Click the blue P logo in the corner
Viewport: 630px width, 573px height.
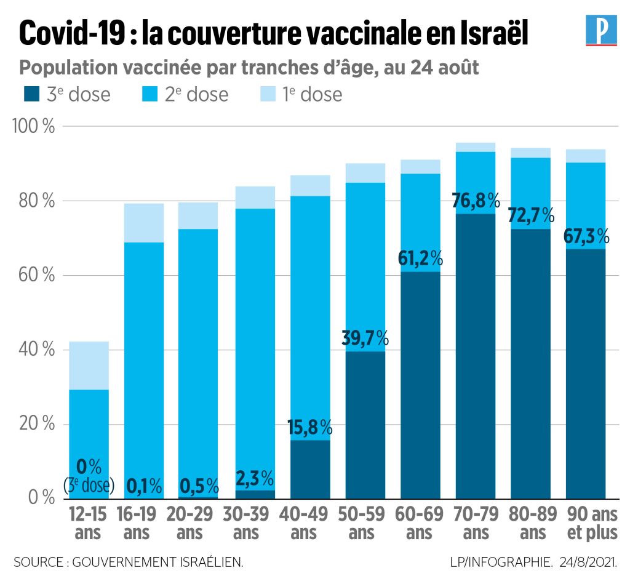600,31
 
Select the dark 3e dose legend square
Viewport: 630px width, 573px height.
31,94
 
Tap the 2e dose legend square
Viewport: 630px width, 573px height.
148,94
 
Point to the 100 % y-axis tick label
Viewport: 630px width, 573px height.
33,127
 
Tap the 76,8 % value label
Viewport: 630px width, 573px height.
477,201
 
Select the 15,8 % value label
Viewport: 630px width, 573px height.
310,427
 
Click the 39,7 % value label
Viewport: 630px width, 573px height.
365,338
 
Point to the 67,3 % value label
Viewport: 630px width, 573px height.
586,236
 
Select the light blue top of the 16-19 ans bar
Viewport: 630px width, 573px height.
143,223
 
